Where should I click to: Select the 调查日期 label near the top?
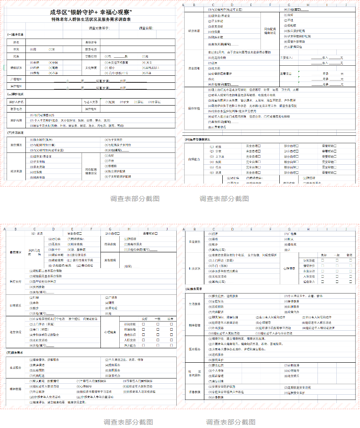coord(146,28)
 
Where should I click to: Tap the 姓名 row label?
coord(16,42)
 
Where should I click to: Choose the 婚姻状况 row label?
coord(16,68)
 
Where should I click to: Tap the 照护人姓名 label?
coord(16,102)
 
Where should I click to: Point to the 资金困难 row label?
coord(194,68)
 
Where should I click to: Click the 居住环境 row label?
coord(194,108)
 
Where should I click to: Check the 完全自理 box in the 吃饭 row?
coord(260,146)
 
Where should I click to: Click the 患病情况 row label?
coord(15,252)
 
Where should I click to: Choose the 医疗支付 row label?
coord(15,282)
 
